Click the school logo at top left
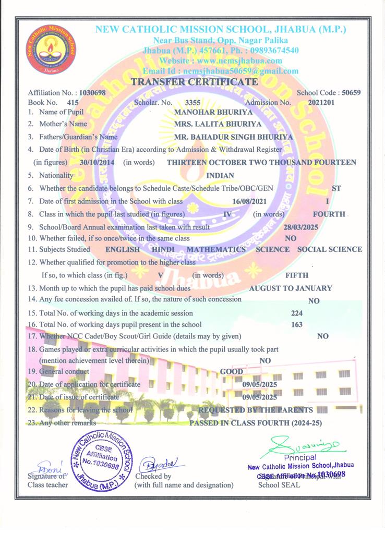coord(51,52)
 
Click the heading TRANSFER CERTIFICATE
coord(194,82)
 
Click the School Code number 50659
coord(351,93)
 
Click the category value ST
coord(336,188)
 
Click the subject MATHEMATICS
coord(216,249)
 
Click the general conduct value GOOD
coord(231,372)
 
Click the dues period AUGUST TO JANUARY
coord(291,288)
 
